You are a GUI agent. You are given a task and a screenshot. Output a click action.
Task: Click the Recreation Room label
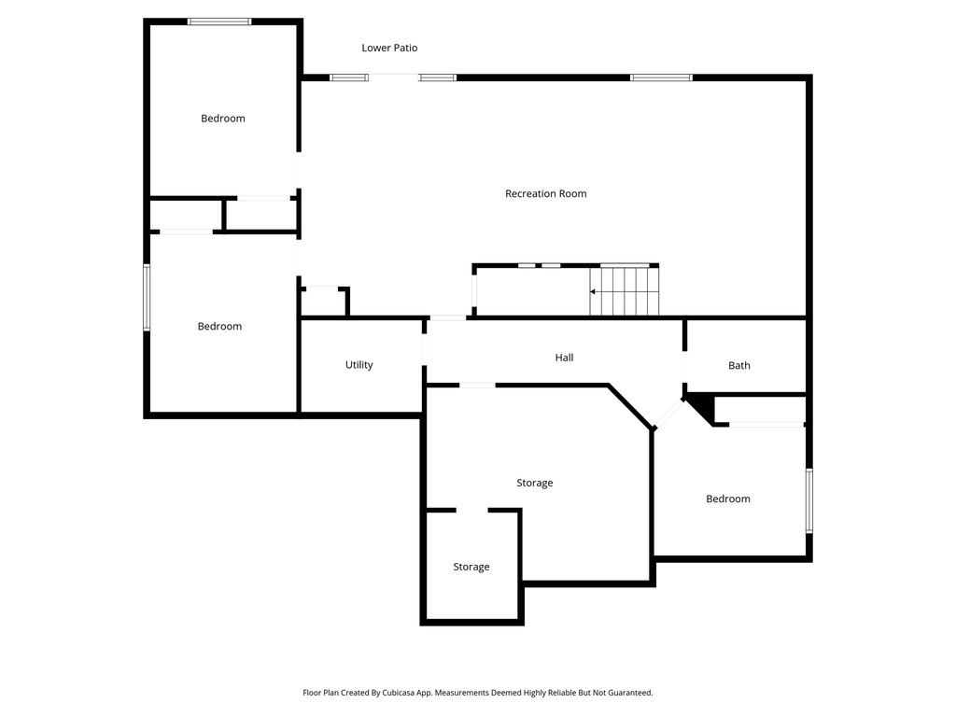[545, 194]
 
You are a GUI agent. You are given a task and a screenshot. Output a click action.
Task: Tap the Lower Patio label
[389, 48]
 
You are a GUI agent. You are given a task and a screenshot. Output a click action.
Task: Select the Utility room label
[359, 365]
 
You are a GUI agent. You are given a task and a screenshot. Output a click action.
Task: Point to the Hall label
[564, 358]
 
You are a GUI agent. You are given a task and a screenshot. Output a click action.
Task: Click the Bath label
[739, 366]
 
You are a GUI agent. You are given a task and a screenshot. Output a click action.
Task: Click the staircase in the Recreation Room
[625, 291]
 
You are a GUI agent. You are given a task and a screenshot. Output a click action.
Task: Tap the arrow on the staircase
[595, 292]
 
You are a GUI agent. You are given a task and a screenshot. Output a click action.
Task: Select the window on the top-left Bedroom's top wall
[219, 21]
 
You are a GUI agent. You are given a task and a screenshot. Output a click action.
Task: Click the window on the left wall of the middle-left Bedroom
[147, 298]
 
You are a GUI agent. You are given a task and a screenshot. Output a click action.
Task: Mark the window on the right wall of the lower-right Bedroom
[809, 500]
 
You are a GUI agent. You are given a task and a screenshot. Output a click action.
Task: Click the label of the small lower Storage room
[471, 567]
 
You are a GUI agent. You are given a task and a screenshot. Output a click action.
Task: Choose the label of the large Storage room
[535, 484]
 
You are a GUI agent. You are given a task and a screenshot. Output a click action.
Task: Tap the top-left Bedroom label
[223, 119]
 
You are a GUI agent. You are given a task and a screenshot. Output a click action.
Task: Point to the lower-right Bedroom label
[728, 499]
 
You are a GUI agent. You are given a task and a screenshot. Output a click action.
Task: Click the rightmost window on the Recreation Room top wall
[661, 77]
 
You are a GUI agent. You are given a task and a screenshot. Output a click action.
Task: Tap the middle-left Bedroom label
[219, 327]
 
